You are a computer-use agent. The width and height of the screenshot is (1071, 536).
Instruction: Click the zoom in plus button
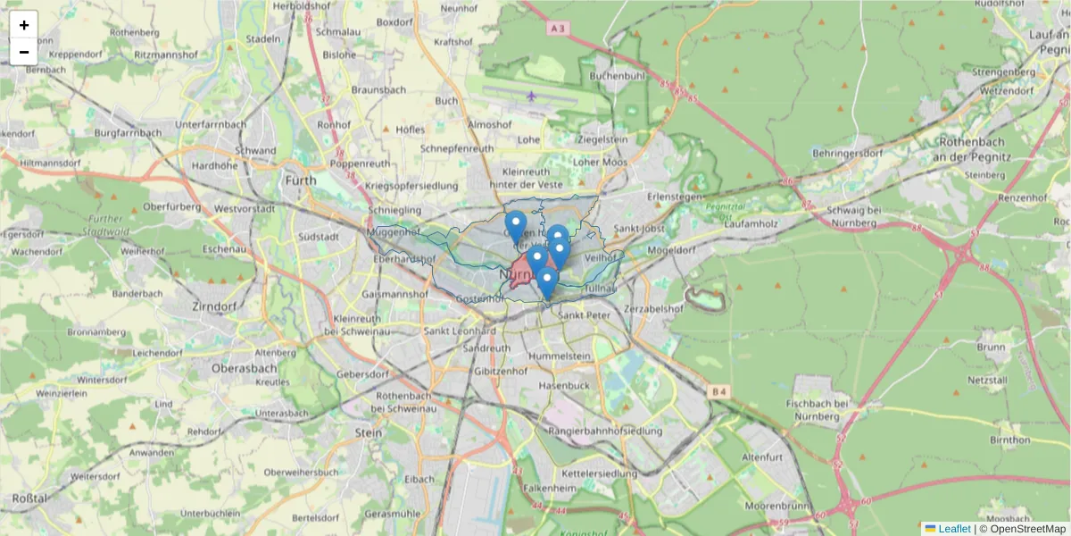tap(24, 25)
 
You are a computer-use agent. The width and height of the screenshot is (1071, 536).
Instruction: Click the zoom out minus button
tap(24, 52)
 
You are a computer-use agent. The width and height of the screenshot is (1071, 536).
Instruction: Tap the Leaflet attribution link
tap(954, 529)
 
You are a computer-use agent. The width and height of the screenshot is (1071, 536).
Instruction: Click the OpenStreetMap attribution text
tap(1027, 529)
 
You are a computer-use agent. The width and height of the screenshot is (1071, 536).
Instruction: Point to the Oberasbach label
tap(244, 368)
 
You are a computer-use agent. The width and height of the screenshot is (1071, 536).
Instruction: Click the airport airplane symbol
tap(532, 96)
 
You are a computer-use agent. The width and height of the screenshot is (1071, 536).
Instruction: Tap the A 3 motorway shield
tap(559, 29)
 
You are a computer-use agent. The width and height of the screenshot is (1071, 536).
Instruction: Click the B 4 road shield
tap(718, 391)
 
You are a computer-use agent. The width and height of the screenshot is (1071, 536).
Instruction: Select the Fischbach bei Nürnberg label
tap(816, 409)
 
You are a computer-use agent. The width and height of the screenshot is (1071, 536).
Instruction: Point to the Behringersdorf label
tap(848, 153)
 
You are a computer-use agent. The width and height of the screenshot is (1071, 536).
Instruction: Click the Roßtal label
tap(29, 498)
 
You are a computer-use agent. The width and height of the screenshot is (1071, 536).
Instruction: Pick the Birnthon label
tap(1010, 440)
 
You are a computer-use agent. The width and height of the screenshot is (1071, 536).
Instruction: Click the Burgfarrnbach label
tap(129, 133)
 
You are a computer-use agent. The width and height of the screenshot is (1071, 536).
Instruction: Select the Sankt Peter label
tap(583, 315)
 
